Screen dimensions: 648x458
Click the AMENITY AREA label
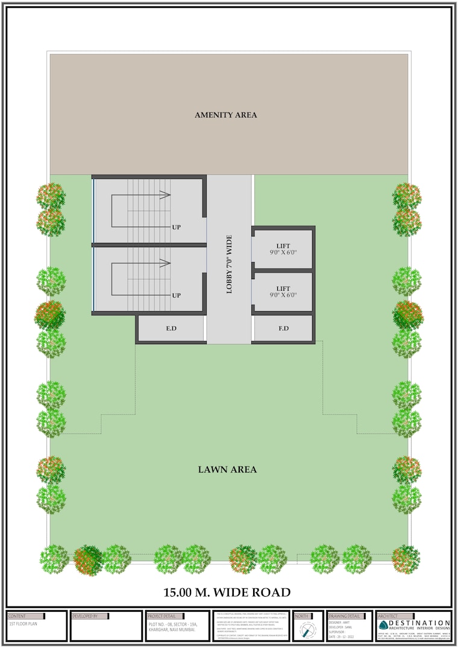226,115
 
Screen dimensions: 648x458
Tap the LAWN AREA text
227,469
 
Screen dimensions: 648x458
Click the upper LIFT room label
283,245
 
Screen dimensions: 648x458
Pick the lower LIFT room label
283,289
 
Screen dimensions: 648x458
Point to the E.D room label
171,329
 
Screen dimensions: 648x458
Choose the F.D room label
283,329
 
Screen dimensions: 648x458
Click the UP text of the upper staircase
177,227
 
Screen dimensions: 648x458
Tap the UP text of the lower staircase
177,295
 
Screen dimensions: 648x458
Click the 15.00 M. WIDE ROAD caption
227,592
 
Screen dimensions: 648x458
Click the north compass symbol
308,630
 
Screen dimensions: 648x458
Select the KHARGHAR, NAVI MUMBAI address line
172,629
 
